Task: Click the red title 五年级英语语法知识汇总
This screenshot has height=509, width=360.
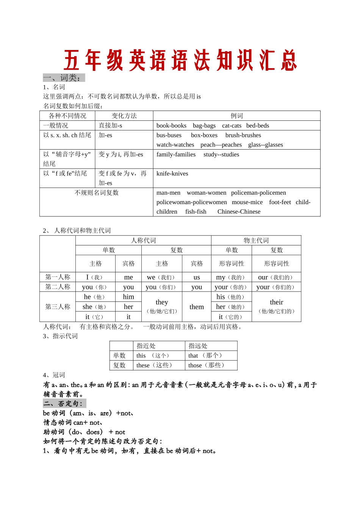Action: (180, 61)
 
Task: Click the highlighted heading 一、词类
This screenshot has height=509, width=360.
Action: (64, 78)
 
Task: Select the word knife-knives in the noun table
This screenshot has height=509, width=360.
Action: (172, 173)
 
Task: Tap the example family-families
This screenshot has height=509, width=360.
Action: (176, 155)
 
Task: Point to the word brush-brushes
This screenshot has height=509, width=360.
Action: (243, 135)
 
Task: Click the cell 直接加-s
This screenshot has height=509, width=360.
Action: (110, 125)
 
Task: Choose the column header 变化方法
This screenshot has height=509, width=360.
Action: (124, 116)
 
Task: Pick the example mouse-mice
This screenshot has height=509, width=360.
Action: (247, 202)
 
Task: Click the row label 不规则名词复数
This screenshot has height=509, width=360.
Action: (97, 193)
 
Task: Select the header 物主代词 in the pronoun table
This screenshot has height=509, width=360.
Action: (256, 240)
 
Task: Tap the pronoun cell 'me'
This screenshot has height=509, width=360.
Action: (128, 277)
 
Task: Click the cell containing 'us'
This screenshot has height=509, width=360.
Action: (197, 277)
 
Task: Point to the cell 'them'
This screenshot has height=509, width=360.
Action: (197, 307)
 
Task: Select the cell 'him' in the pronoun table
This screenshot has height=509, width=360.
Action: (128, 297)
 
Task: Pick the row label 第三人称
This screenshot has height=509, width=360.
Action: (58, 307)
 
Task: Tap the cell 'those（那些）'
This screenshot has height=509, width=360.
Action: (207, 365)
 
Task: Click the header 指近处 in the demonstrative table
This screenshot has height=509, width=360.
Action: (146, 346)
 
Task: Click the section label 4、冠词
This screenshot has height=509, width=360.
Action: (54, 375)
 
